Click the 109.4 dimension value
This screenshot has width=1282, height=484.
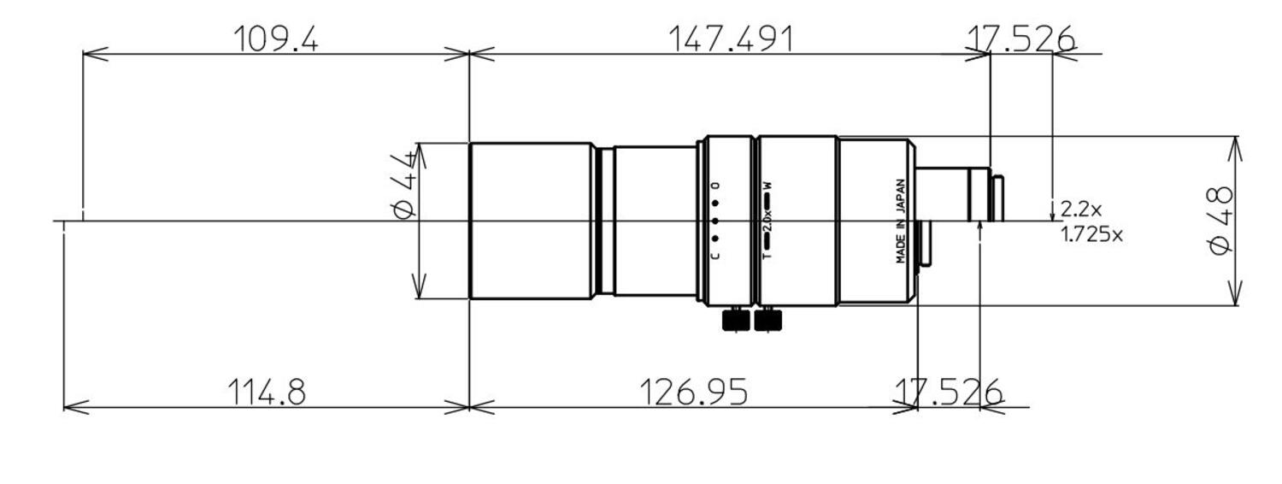pos(276,38)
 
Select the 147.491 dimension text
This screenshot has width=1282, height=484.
pos(731,38)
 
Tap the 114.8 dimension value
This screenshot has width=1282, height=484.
pos(266,393)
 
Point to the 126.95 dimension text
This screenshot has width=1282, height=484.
pos(693,393)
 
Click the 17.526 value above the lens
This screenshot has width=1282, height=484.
pos(1020,38)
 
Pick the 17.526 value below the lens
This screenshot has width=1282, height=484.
pos(948,393)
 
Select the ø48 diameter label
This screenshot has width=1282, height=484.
pos(1220,220)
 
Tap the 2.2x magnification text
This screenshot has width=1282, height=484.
pos(1081,208)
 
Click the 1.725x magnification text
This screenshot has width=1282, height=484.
pos(1091,233)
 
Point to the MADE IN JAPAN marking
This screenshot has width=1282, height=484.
pos(901,221)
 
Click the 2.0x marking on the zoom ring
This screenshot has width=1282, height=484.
pos(767,220)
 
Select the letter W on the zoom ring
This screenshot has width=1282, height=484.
pos(767,185)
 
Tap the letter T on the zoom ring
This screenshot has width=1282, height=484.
pos(767,255)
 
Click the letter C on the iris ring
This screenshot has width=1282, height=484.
pos(715,255)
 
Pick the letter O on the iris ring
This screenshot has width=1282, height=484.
pos(715,186)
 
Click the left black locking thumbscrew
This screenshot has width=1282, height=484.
pos(736,320)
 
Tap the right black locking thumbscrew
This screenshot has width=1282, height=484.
pos(767,320)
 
